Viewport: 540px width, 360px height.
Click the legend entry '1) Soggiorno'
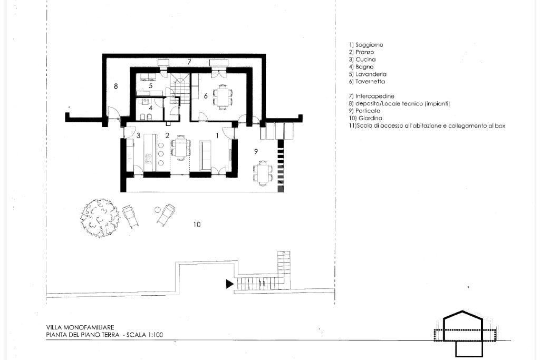coord(366,45)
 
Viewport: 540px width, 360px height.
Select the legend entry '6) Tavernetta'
coord(367,82)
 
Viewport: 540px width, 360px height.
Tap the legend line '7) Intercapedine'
coord(371,96)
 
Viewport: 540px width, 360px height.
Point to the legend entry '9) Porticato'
coord(364,111)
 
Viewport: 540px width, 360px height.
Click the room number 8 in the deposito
coord(115,86)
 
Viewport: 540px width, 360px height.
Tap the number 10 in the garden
coord(197,225)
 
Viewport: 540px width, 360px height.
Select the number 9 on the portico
coord(256,151)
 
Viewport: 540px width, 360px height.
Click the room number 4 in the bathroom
coord(150,108)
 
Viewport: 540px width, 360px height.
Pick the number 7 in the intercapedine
coord(189,62)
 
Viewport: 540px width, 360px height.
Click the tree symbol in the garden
coord(100,218)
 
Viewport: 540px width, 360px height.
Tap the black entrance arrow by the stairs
coord(229,284)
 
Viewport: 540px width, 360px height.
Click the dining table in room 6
coord(223,97)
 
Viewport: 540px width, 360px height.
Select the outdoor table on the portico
coord(264,173)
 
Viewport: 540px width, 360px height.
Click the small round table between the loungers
coord(158,209)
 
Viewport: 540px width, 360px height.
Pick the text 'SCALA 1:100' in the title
coord(145,335)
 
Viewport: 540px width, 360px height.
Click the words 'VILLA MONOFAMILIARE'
coord(80,327)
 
